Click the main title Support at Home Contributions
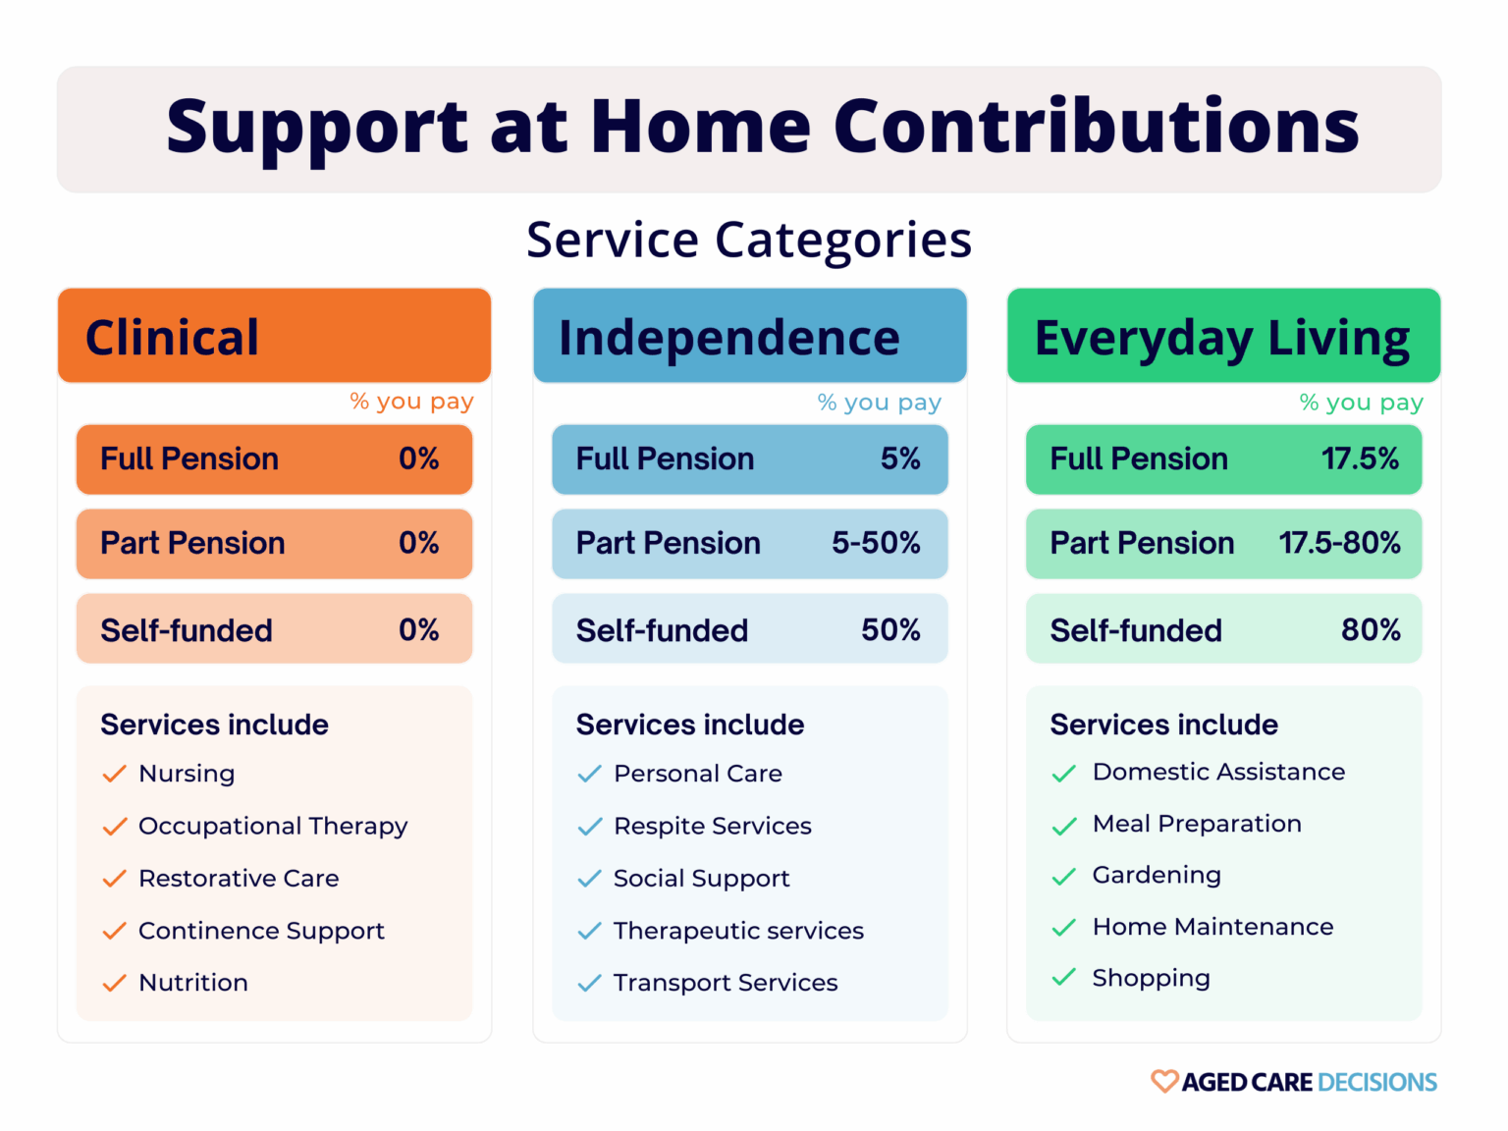(x=762, y=128)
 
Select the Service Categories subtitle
(x=748, y=241)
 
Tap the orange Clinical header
(x=173, y=338)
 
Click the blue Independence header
(x=728, y=338)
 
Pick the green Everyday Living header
(x=1221, y=338)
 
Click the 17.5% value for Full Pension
(x=1360, y=458)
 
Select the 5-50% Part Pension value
(x=876, y=543)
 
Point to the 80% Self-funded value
(x=1371, y=629)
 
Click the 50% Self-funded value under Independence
(x=890, y=629)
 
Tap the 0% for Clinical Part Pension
(x=418, y=543)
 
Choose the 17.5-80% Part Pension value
(x=1339, y=543)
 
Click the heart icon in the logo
(x=1163, y=1081)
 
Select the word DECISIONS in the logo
(x=1377, y=1082)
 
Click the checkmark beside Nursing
(x=114, y=774)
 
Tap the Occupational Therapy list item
(x=273, y=827)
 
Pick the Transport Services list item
(x=726, y=983)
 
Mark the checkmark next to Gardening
(x=1063, y=877)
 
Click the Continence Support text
(x=261, y=931)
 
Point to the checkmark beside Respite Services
(x=589, y=827)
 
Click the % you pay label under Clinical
(x=411, y=402)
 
